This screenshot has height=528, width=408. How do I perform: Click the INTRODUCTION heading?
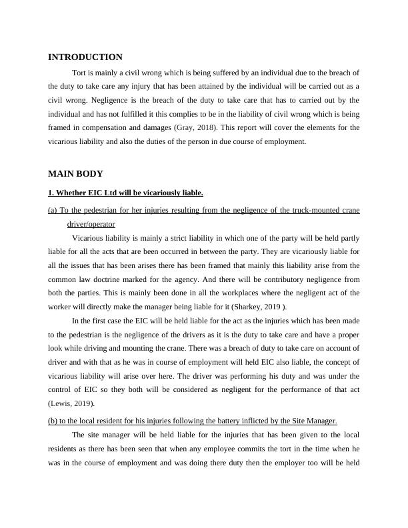pyautogui.click(x=85, y=57)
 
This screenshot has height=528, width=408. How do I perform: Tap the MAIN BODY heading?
pyautogui.click(x=75, y=174)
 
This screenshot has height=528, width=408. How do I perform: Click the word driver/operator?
pyautogui.click(x=91, y=225)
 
